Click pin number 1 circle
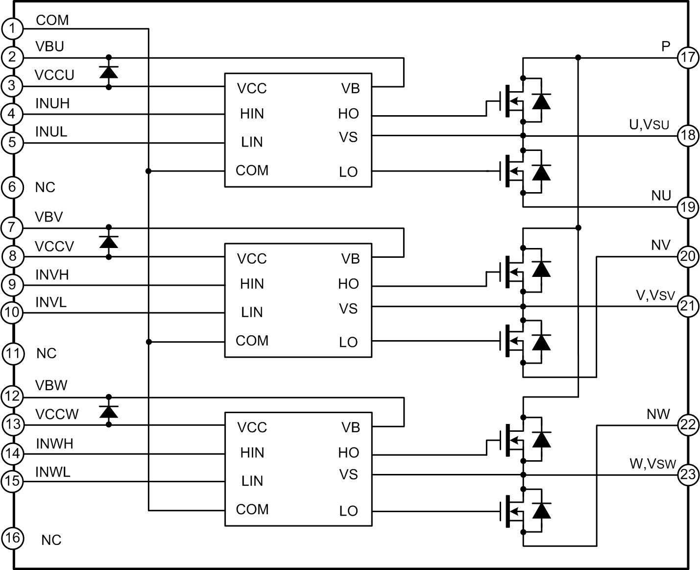12,29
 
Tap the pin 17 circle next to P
688,57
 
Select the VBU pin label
49,47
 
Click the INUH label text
52,103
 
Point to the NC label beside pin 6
45,187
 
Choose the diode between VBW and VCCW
109,411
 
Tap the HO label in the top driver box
348,114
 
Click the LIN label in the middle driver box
252,312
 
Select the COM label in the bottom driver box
252,510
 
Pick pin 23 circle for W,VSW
688,474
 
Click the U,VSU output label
649,124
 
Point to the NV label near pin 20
660,245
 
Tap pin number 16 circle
12,538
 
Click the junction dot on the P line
579,58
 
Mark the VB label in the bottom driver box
351,427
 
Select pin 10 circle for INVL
12,312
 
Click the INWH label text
54,444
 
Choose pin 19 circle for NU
688,207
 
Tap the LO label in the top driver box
348,172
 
